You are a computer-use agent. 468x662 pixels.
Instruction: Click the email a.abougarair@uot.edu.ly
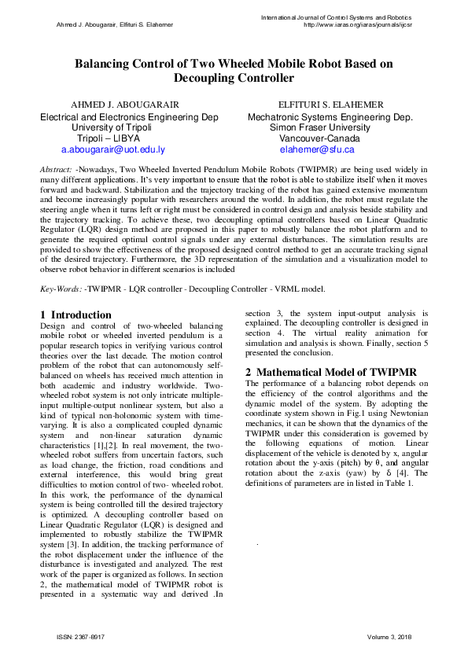pyautogui.click(x=112, y=149)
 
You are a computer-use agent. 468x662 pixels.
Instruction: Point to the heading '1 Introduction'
pyautogui.click(x=76, y=315)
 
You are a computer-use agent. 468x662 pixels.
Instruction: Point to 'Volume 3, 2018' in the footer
pyautogui.click(x=389, y=636)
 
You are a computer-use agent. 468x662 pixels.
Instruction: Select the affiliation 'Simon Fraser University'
pyautogui.click(x=319, y=127)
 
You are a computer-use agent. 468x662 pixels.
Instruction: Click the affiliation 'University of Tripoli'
pyautogui.click(x=112, y=127)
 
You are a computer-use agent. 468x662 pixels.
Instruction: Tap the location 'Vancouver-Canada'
pyautogui.click(x=319, y=138)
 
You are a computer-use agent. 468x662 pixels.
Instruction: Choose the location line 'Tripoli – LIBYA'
pyautogui.click(x=112, y=138)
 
